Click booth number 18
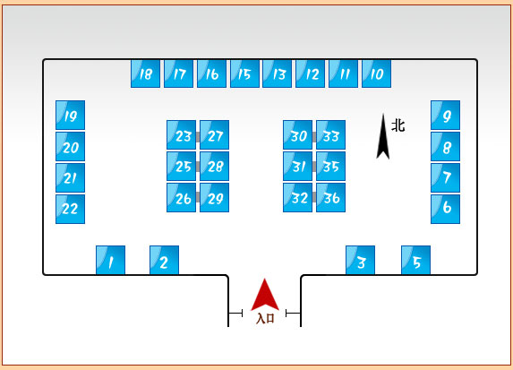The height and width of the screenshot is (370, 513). pyautogui.click(x=145, y=73)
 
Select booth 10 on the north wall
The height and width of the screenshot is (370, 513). pyautogui.click(x=376, y=73)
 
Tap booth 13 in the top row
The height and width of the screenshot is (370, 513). pyautogui.click(x=278, y=73)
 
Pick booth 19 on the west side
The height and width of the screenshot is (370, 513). pyautogui.click(x=71, y=115)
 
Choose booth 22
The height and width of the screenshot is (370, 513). pyautogui.click(x=71, y=210)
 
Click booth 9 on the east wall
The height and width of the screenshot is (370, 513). pyautogui.click(x=445, y=115)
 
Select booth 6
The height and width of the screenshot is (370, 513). pyautogui.click(x=445, y=210)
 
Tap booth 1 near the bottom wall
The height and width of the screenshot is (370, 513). pyautogui.click(x=111, y=260)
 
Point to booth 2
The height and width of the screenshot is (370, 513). pyautogui.click(x=164, y=260)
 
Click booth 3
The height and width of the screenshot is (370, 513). pyautogui.click(x=360, y=260)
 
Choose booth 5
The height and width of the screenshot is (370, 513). pyautogui.click(x=415, y=260)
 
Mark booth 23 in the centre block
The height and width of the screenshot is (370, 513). pyautogui.click(x=181, y=134)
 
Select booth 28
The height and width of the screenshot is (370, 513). pyautogui.click(x=214, y=166)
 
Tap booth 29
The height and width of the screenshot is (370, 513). pyautogui.click(x=214, y=197)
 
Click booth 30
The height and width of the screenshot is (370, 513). pyautogui.click(x=298, y=134)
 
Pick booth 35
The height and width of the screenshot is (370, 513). pyautogui.click(x=330, y=166)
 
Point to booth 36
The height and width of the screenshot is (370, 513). pyautogui.click(x=330, y=197)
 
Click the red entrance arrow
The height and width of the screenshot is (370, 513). pyautogui.click(x=265, y=297)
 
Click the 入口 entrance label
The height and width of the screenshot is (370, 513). pyautogui.click(x=265, y=318)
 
